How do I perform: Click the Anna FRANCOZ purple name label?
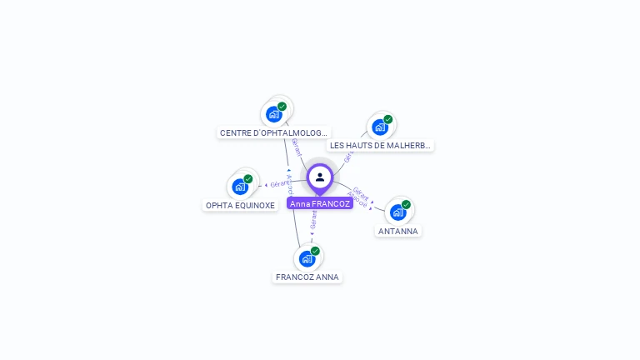320,203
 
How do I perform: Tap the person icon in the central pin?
320,177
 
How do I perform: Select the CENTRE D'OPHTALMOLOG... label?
274,132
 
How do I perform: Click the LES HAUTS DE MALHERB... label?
380,145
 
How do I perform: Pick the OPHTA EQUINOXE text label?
240,205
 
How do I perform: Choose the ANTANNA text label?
398,231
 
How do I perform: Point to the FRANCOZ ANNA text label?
307,277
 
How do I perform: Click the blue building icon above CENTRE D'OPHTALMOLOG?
273,114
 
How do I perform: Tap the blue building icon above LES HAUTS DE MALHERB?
379,127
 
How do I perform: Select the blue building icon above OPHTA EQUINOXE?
240,187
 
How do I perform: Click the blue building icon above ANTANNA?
397,212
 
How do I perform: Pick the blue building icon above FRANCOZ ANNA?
307,258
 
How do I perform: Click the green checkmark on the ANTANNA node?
406,204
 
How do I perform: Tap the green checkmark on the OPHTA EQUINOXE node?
248,178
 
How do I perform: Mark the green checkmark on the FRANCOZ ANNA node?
315,251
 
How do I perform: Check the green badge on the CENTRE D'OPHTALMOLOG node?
282,106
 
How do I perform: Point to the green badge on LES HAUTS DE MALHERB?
388,119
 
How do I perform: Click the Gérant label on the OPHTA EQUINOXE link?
281,182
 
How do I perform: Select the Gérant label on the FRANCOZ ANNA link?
313,219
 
